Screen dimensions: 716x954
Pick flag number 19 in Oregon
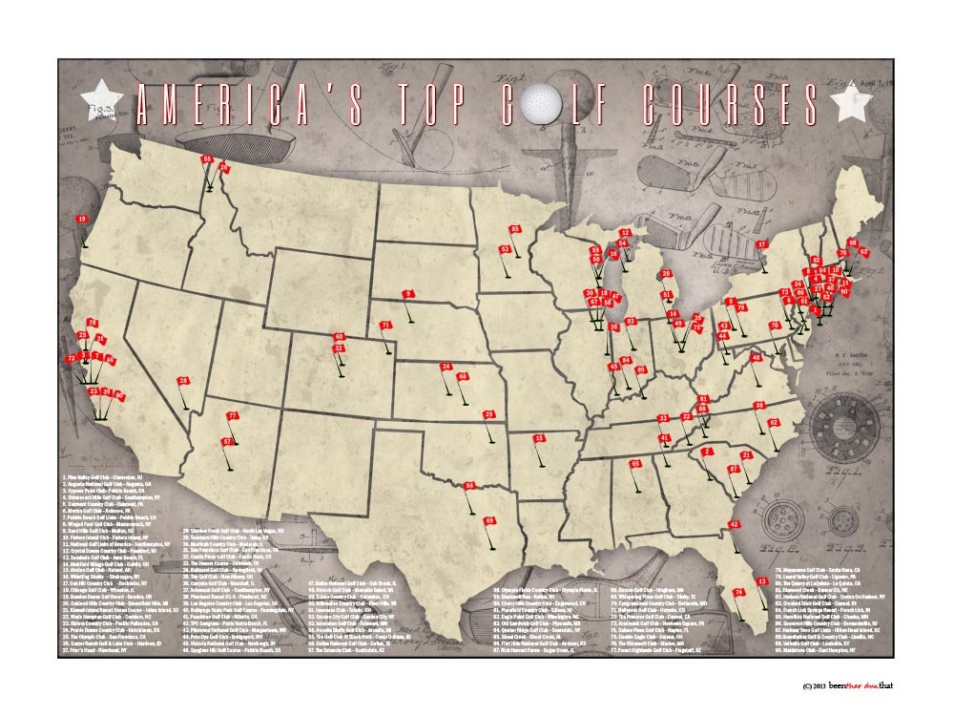click(x=82, y=221)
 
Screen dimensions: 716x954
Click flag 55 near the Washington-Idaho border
click(x=207, y=159)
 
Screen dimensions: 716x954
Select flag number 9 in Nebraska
click(x=408, y=295)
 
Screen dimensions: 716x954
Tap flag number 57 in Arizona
click(x=228, y=443)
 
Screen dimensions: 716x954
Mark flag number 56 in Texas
click(x=469, y=487)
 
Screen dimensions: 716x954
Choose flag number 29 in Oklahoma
click(x=489, y=415)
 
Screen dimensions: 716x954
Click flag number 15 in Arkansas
click(x=539, y=439)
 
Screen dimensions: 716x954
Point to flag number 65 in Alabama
click(x=635, y=465)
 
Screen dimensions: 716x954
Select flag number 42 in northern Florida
click(x=734, y=525)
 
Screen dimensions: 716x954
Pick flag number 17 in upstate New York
click(x=761, y=245)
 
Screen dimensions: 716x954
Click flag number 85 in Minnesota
click(x=515, y=230)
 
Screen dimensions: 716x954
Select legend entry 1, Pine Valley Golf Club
click(x=100, y=475)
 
